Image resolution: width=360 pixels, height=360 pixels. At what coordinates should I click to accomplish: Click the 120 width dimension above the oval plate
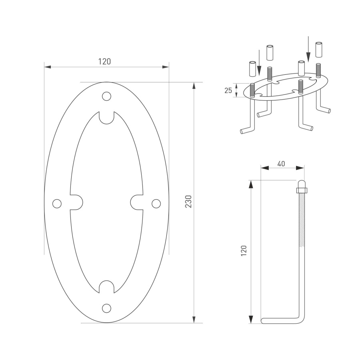[104, 61]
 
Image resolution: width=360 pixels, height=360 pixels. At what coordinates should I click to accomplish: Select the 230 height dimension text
[188, 202]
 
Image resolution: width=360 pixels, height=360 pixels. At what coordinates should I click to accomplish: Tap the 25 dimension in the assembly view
[228, 90]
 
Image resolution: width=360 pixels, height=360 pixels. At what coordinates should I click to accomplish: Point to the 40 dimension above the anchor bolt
[281, 163]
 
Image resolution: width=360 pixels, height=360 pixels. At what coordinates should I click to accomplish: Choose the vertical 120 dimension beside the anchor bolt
[244, 251]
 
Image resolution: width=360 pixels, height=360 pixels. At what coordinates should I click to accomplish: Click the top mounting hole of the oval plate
[106, 96]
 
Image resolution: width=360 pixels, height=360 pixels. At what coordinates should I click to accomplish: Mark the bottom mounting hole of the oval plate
[106, 308]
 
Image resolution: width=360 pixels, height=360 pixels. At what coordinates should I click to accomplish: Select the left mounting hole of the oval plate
[57, 204]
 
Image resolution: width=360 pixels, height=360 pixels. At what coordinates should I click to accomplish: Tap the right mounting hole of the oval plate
[156, 204]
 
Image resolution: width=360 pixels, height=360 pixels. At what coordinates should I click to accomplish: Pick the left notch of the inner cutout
[76, 202]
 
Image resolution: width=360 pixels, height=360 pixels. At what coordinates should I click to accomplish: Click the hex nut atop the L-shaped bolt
[301, 187]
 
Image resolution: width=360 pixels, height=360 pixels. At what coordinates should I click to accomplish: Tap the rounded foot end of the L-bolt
[264, 321]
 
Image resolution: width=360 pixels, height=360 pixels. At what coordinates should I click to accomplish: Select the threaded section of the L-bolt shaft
[301, 220]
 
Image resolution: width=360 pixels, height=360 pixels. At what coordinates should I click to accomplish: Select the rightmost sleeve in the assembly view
[319, 49]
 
